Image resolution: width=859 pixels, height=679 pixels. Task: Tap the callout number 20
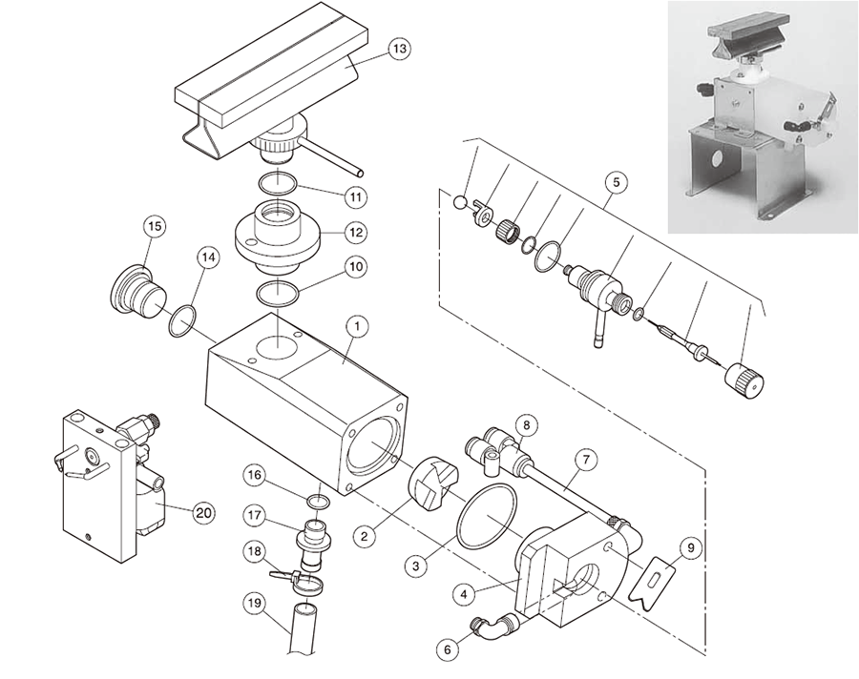[202, 513]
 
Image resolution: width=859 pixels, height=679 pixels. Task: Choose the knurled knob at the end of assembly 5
[744, 381]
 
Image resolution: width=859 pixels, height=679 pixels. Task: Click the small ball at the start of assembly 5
[460, 202]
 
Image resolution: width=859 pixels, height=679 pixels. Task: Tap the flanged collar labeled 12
[277, 234]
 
